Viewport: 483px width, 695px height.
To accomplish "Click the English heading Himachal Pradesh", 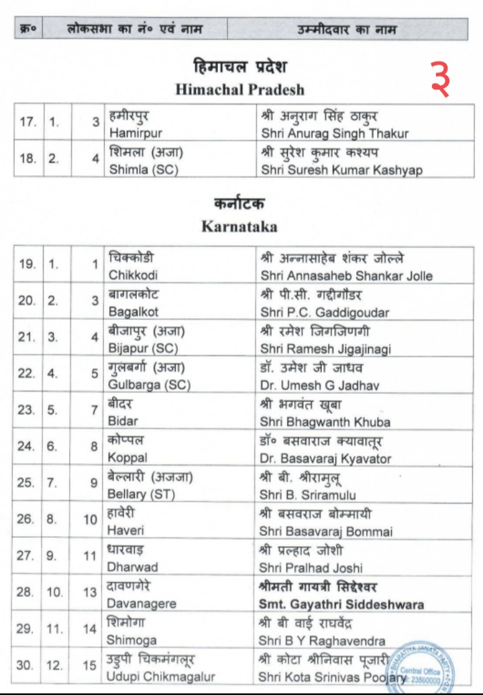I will click(x=239, y=89).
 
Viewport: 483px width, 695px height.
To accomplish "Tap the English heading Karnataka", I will click(x=239, y=226).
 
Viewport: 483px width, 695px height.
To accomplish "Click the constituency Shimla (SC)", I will click(x=144, y=170).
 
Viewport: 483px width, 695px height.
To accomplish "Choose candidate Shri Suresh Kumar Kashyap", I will click(x=341, y=170).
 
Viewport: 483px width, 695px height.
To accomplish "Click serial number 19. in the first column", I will click(x=28, y=265).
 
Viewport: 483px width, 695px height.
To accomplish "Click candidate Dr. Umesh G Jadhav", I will click(x=319, y=385).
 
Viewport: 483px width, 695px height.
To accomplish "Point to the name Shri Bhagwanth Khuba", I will click(x=325, y=422).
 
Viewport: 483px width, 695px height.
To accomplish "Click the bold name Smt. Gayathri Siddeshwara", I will click(x=341, y=604).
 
